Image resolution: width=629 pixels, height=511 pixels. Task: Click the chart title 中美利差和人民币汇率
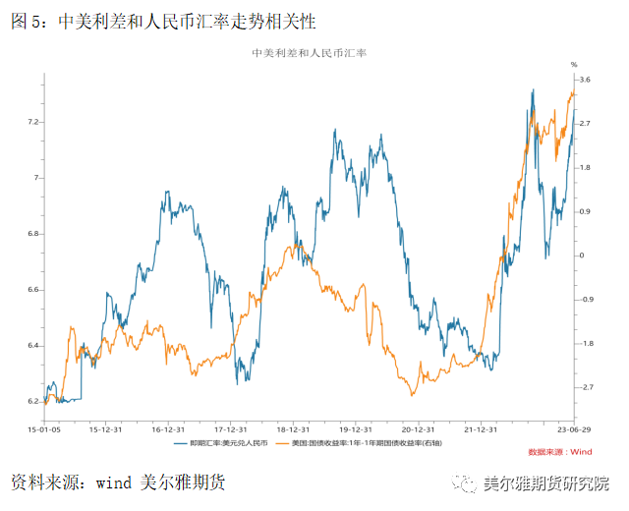point(315,53)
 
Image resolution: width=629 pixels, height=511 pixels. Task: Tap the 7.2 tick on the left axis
point(34,122)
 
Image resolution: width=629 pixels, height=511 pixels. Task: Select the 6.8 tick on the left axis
point(34,234)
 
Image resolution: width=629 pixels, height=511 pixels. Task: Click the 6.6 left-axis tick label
point(34,290)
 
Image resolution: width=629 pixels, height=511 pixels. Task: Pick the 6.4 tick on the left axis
point(34,346)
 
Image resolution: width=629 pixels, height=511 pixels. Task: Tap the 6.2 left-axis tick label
point(34,402)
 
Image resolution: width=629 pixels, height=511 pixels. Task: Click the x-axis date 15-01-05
point(44,429)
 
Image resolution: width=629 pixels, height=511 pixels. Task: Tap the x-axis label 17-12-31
point(231,429)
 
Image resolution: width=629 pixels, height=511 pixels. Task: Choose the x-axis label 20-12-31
point(417,429)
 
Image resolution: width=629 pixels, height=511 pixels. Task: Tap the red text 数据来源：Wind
point(560,452)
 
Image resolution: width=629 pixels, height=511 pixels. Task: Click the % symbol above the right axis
point(576,64)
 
